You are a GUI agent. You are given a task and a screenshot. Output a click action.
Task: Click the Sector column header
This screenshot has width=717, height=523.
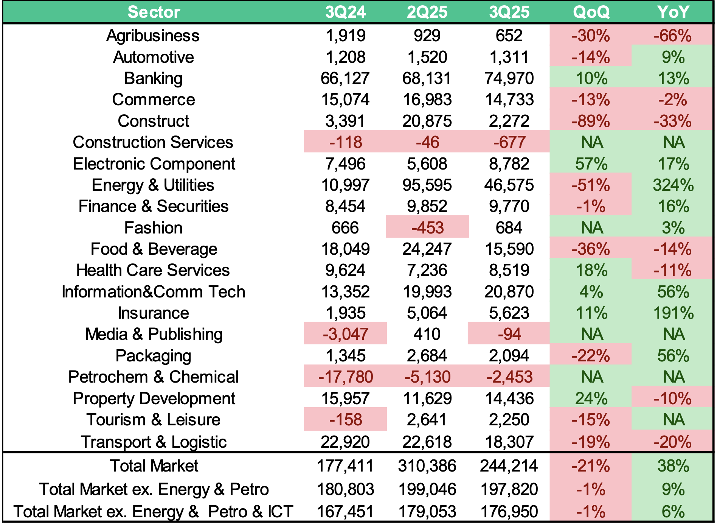[x=154, y=12]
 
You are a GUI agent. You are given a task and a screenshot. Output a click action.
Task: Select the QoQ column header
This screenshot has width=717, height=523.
[x=591, y=12]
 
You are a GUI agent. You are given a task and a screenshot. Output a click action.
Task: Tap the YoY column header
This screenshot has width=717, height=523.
[x=673, y=12]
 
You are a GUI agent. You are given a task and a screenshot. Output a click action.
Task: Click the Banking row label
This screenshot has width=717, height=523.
[x=153, y=78]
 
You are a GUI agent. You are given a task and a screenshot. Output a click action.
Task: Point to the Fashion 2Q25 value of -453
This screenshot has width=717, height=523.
[x=427, y=228]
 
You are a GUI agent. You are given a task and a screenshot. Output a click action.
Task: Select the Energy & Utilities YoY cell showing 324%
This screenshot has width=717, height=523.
[x=673, y=185]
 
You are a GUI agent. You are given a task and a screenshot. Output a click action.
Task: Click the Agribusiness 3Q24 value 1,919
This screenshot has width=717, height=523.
[x=345, y=36]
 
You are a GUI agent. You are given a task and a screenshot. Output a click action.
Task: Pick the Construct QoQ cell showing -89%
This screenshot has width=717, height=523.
[x=591, y=121]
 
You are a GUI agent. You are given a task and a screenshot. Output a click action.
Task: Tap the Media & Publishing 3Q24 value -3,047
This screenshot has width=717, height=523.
[x=345, y=334]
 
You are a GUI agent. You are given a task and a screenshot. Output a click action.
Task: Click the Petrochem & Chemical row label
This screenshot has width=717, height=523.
[x=153, y=377]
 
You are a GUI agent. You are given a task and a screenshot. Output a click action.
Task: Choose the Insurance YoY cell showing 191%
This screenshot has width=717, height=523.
[x=673, y=313]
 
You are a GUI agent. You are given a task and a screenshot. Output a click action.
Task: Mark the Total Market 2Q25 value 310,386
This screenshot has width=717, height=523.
[x=427, y=466]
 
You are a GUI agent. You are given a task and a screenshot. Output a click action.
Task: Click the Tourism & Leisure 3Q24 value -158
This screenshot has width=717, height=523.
[x=345, y=420]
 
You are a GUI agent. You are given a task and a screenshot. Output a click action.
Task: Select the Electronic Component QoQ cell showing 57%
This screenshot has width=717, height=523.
[x=591, y=164]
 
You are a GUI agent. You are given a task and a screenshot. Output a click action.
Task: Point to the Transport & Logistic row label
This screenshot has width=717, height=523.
[x=153, y=442]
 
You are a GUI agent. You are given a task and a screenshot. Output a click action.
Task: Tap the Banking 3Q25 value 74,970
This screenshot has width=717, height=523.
[x=509, y=78]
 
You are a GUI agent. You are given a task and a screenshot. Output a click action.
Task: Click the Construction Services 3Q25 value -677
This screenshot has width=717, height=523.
[x=509, y=142]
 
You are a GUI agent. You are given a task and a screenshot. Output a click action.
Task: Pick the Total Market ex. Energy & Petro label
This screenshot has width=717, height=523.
[x=154, y=489]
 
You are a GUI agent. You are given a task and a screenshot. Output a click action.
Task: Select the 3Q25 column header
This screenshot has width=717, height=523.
[x=509, y=12]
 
